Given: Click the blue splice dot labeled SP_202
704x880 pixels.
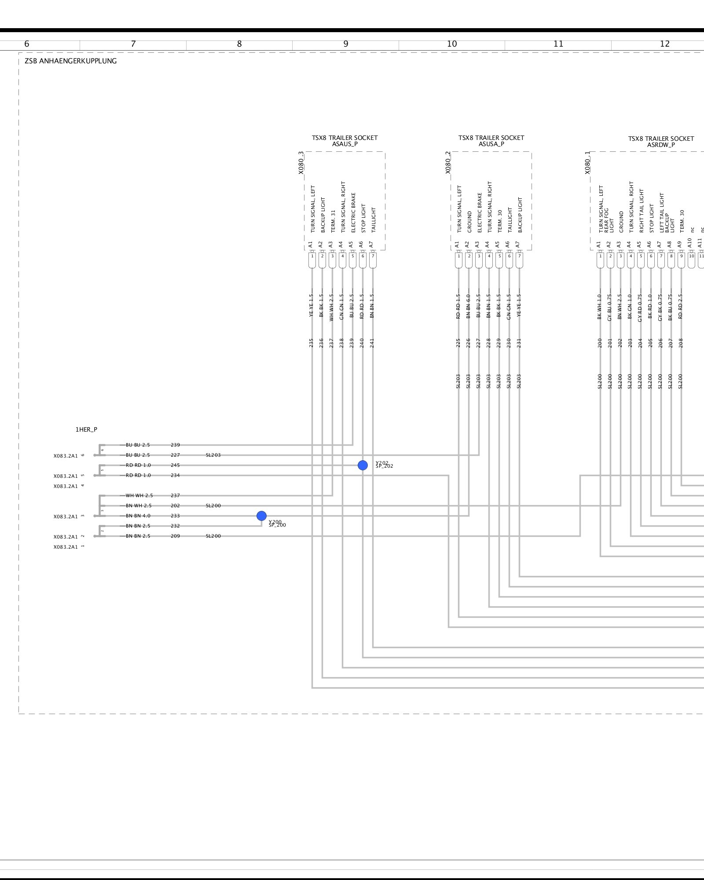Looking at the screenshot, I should click(x=363, y=465).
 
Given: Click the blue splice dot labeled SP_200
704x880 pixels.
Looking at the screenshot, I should click(x=261, y=516).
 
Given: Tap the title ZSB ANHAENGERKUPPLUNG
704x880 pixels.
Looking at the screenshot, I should click(x=70, y=61).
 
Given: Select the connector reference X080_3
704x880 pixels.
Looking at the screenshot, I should click(x=301, y=163).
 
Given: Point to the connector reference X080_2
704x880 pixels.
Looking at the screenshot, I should click(x=448, y=163).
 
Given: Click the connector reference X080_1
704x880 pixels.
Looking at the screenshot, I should click(x=587, y=163).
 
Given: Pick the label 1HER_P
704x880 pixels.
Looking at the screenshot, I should click(x=86, y=429).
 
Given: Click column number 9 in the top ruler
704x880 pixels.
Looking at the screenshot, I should click(x=346, y=44).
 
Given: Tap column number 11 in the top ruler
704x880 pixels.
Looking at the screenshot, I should click(x=558, y=44).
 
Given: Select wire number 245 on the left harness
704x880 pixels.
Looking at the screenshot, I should click(x=175, y=465).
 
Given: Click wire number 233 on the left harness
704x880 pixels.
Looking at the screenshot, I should click(x=175, y=516).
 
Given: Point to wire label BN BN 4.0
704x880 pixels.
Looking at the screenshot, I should click(x=138, y=516).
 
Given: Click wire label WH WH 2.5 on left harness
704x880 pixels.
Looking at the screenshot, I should click(x=139, y=495).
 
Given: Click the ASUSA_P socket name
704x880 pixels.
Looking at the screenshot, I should click(x=491, y=144).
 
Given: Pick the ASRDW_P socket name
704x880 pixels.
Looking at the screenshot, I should click(x=661, y=145).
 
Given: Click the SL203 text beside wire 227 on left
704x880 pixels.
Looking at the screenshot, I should click(x=213, y=455).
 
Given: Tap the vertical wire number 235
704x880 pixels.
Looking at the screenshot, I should click(x=312, y=343).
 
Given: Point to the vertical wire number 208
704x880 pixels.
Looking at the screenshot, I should click(x=681, y=343).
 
